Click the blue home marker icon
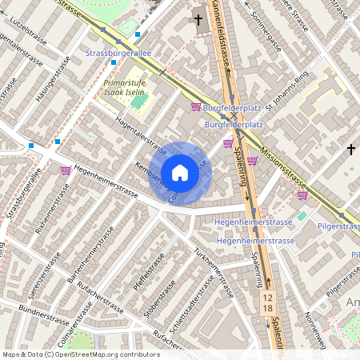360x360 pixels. (180, 173)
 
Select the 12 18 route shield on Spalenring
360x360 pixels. (268, 302)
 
